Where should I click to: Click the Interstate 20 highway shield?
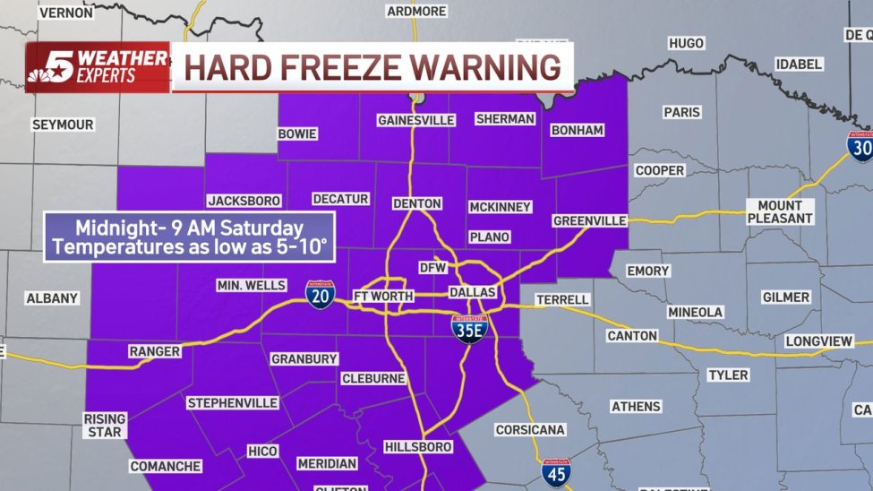[320, 294]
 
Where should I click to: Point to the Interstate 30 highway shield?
[860, 145]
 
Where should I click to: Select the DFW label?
[432, 267]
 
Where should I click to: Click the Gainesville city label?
[416, 119]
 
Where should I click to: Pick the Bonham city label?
[578, 130]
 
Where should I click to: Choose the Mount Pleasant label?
[780, 211]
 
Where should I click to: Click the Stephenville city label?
[232, 403]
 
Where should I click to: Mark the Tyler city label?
[728, 375]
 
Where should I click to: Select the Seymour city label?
[63, 125]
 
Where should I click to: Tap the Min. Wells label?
[251, 285]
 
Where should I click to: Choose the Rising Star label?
[105, 425]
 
